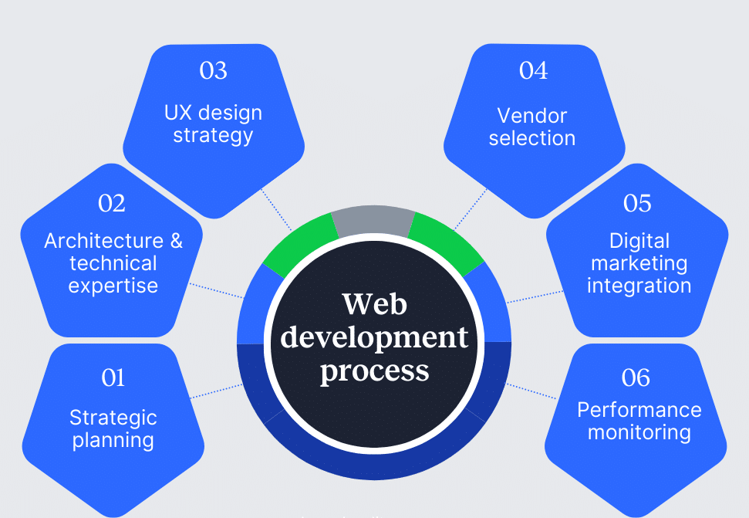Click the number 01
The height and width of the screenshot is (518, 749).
point(113,377)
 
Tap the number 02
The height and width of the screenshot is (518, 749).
point(112,203)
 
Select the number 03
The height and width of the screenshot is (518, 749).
point(213,70)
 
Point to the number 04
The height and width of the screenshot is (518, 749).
point(533,70)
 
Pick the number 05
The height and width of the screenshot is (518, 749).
point(637,203)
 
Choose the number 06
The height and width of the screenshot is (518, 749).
point(636,377)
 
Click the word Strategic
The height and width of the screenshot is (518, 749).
point(113,418)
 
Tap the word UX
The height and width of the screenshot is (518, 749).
point(177,113)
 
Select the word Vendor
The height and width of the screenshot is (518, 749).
point(532,116)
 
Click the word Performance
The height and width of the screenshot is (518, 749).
point(639,409)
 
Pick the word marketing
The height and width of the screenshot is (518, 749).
point(639,263)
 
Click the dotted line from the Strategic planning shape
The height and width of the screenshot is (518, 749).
point(216,391)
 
